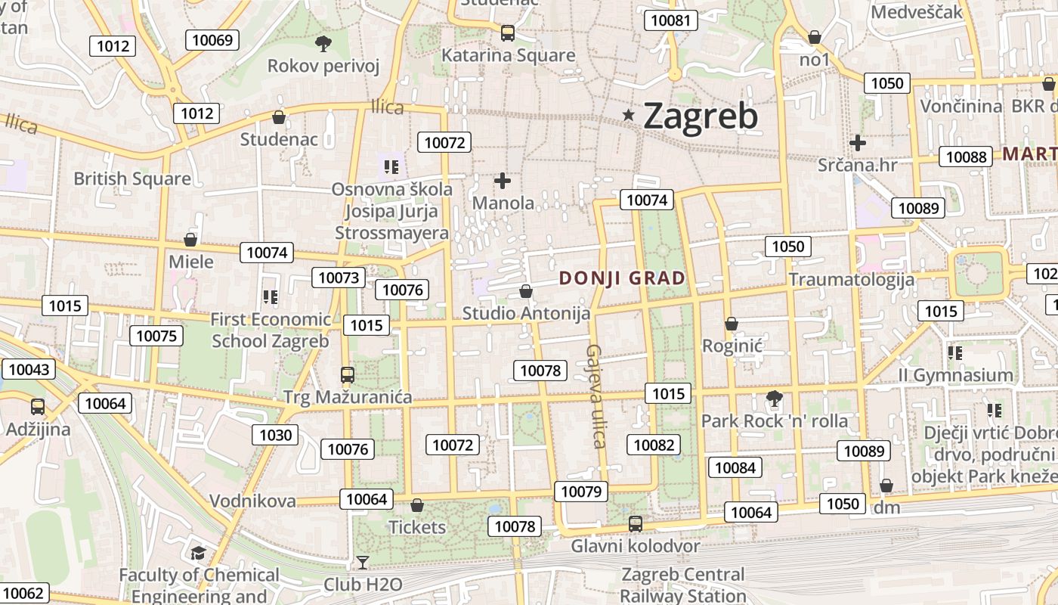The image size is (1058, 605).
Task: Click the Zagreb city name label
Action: pyautogui.click(x=700, y=116)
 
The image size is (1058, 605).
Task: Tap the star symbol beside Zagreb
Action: pyautogui.click(x=629, y=115)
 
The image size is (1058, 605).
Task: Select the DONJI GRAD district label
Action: pyautogui.click(x=622, y=278)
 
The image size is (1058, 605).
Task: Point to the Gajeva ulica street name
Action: pyautogui.click(x=596, y=396)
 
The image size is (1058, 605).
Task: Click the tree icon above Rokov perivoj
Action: pyautogui.click(x=323, y=43)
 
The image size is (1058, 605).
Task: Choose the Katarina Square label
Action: pyautogui.click(x=508, y=55)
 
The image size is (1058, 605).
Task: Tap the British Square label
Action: pyautogui.click(x=132, y=179)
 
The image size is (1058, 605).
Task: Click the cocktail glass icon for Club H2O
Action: pyautogui.click(x=363, y=562)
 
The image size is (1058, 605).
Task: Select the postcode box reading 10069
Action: pyautogui.click(x=212, y=40)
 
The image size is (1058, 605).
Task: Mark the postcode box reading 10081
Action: pyautogui.click(x=670, y=20)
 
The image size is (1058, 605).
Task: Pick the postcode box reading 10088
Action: pyautogui.click(x=966, y=157)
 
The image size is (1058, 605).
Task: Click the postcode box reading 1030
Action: pyautogui.click(x=275, y=435)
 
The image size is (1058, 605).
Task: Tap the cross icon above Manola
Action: pyautogui.click(x=502, y=181)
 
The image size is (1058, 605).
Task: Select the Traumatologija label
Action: pyautogui.click(x=851, y=280)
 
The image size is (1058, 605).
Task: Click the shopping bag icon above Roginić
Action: pyautogui.click(x=731, y=324)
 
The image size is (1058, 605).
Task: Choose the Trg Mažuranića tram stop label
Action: pyautogui.click(x=348, y=397)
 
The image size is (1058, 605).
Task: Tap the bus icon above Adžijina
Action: pyautogui.click(x=38, y=407)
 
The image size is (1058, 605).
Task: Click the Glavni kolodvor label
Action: pyautogui.click(x=635, y=545)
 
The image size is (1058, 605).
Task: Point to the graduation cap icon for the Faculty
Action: pyautogui.click(x=198, y=553)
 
